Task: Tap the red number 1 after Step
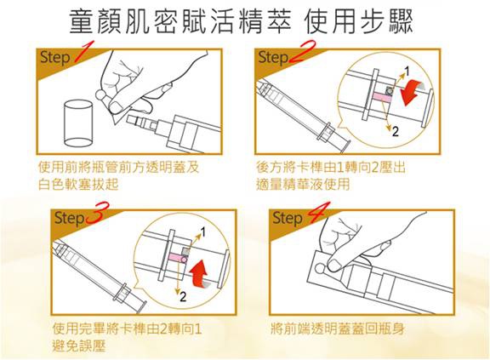click(83, 56)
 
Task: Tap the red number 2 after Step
click(301, 57)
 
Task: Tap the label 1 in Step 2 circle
click(407, 70)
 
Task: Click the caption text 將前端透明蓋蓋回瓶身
click(336, 328)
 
